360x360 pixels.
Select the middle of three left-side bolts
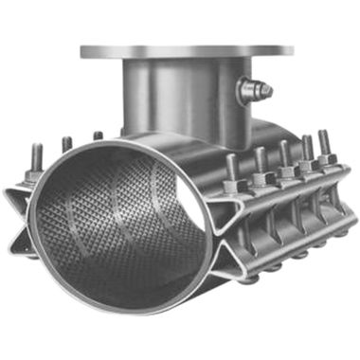click(x=66, y=147)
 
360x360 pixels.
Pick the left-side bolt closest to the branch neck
click(x=98, y=137)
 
